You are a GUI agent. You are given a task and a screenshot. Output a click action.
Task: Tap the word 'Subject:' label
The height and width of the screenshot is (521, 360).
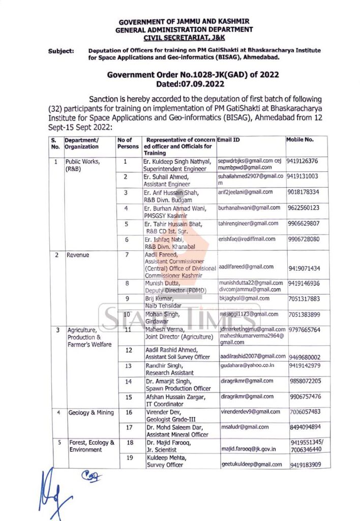[61, 51]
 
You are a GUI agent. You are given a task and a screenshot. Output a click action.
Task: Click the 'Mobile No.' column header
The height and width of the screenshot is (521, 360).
[300, 139]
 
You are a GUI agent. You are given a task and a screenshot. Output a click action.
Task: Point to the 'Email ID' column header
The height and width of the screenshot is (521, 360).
[229, 139]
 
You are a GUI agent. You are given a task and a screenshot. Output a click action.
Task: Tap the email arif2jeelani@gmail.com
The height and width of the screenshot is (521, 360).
[246, 192]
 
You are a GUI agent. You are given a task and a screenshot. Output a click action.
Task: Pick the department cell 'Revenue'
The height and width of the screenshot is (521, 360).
[78, 254]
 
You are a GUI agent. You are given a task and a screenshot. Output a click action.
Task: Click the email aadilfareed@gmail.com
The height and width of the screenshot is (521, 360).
[247, 267]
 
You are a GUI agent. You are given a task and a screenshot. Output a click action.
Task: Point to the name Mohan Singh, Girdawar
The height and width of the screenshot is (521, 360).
[162, 318]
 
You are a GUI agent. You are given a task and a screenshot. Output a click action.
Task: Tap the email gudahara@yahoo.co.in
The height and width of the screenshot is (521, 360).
[248, 365]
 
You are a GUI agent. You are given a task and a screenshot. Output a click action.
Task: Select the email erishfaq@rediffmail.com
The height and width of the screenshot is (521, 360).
[247, 239]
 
